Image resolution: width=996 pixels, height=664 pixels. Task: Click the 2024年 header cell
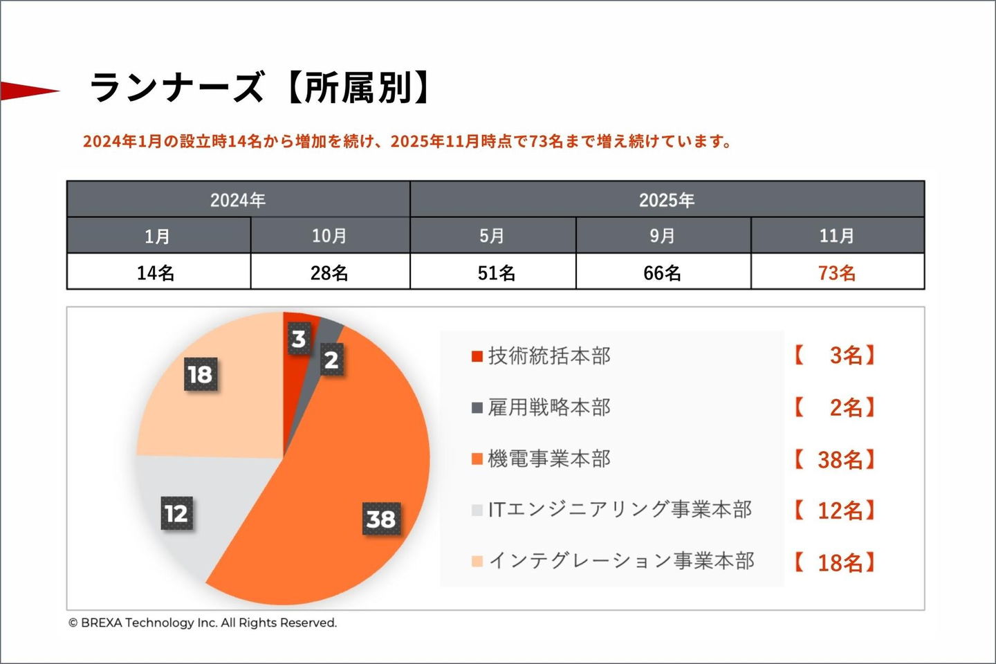coord(238,200)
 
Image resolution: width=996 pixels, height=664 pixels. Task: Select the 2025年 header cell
coord(666,200)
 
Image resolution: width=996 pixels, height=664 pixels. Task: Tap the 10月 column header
coord(329,236)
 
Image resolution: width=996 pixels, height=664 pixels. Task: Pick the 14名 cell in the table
coord(156,273)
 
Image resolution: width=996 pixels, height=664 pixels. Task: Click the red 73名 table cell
coord(837,273)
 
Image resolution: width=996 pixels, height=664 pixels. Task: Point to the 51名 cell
coord(496,273)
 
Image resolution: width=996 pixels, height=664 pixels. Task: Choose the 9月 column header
coord(662,236)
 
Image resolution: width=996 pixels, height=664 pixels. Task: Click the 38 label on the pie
coord(381,519)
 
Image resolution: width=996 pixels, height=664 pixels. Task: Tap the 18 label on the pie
coord(201,374)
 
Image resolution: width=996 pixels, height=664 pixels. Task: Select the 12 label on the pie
coord(176,513)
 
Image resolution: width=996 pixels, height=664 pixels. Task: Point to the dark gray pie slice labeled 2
coord(331,360)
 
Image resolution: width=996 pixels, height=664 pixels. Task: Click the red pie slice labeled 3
coord(298,339)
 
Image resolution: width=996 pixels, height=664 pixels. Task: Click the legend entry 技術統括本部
coord(549,356)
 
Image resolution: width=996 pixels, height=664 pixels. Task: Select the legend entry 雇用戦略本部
coord(549,407)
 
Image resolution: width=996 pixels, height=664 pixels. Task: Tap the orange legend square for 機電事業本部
coord(477,459)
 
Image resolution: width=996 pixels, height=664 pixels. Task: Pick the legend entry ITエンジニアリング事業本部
coord(620,510)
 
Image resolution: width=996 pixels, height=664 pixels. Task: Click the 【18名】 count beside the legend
coord(835,562)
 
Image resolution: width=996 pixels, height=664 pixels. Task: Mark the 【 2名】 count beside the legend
coord(835,407)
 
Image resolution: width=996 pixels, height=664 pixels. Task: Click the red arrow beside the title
coord(28,91)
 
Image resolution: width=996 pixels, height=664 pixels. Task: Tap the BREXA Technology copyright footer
coord(203,622)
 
